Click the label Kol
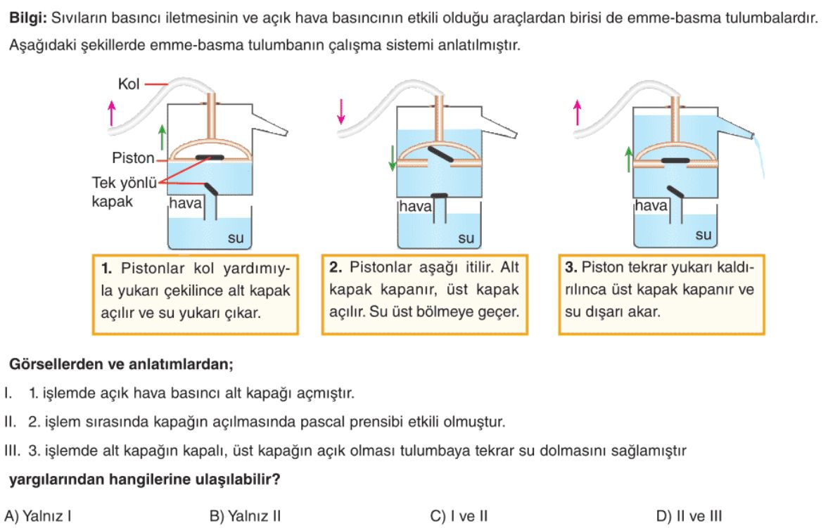129,84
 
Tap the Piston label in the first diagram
132,157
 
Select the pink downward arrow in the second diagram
341,111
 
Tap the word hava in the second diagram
416,207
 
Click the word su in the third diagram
703,236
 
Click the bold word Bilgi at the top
24,18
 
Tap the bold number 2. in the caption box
336,268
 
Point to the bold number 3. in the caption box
571,268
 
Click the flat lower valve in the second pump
440,195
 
